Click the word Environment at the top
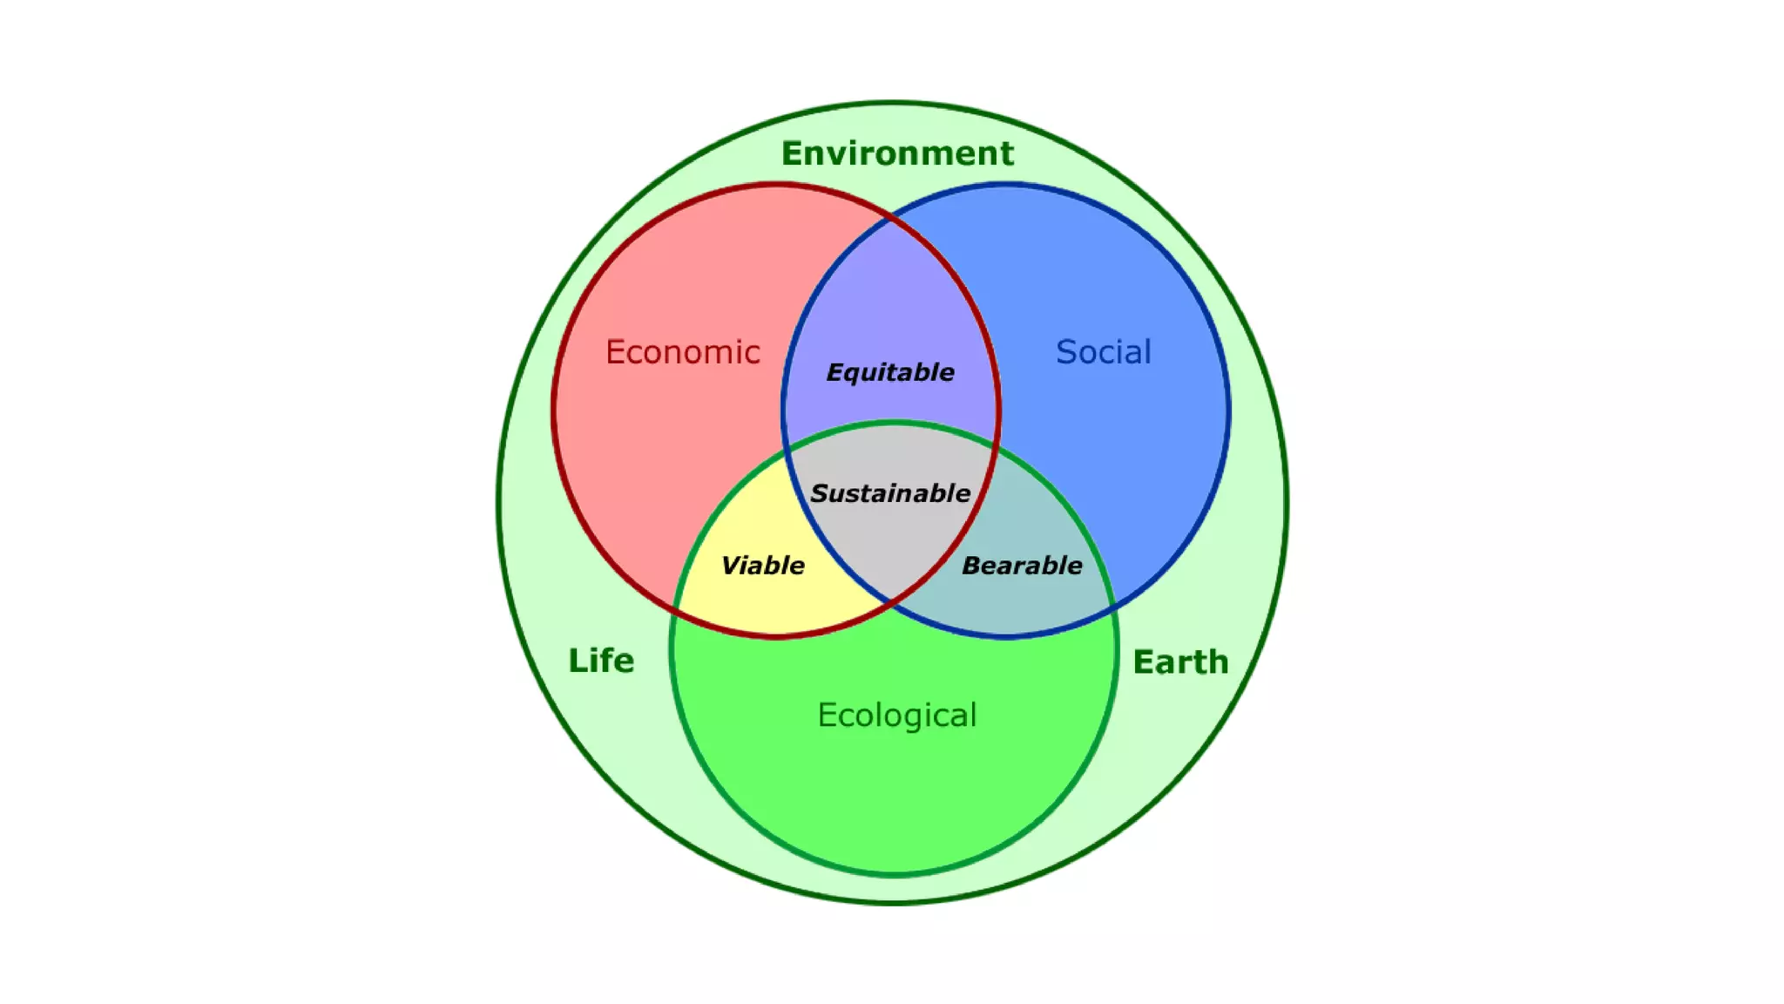(897, 153)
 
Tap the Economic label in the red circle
(683, 352)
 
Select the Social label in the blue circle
(1103, 352)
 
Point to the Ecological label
(896, 716)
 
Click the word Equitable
(889, 373)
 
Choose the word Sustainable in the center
(890, 493)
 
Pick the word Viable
(762, 566)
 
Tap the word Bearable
(1021, 566)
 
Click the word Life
(601, 661)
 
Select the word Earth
(1180, 662)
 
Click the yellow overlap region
(767, 601)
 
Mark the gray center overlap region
(890, 540)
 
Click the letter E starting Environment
(791, 153)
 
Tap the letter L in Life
(576, 661)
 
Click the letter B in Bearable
(971, 566)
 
